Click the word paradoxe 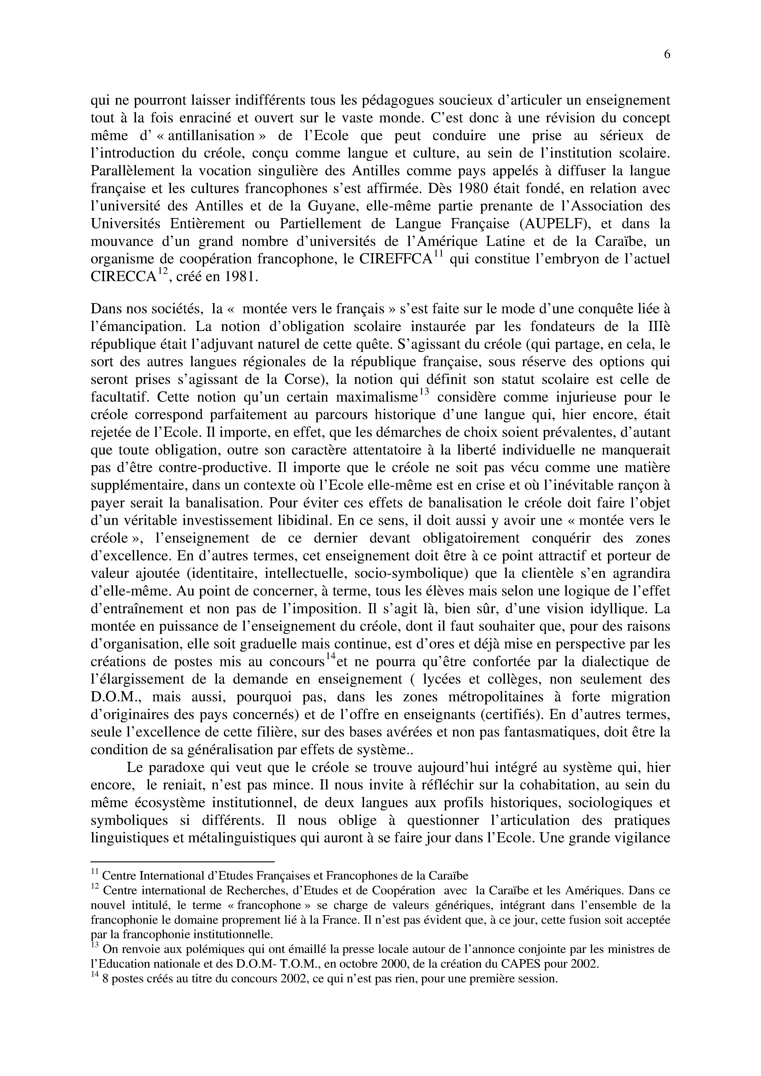tap(175, 768)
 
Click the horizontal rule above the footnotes tap(182, 862)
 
